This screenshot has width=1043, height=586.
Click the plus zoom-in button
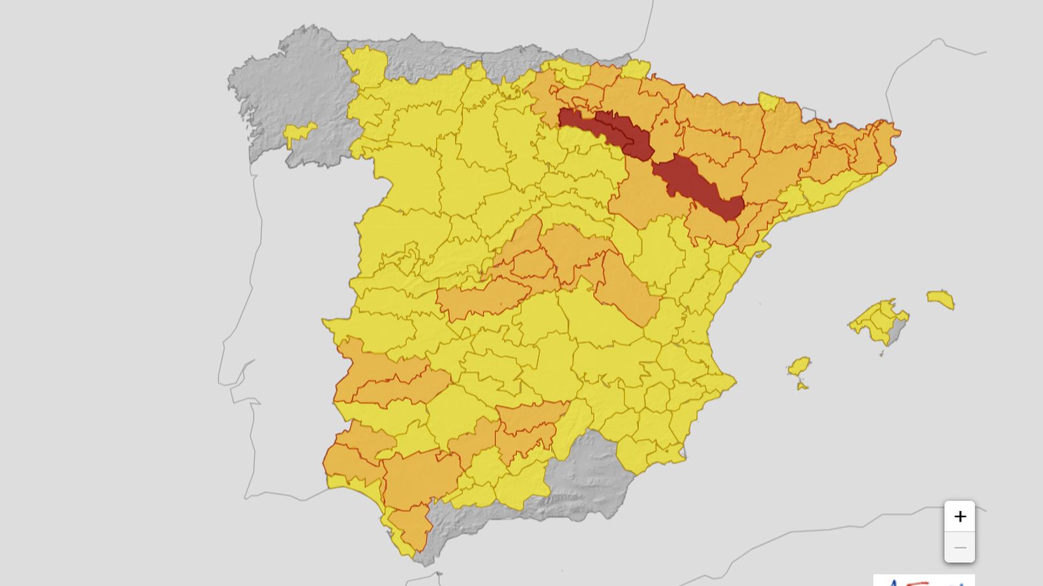coord(960,517)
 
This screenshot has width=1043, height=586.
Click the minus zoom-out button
coord(960,548)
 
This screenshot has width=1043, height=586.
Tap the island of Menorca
coord(941,300)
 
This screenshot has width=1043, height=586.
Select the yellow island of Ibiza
coord(799,366)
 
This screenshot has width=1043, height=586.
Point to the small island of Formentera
coord(802,387)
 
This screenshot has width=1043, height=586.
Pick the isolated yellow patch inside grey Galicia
coord(299,133)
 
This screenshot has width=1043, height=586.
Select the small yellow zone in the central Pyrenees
coord(769,102)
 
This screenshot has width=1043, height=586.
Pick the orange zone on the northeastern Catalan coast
coord(883,143)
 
